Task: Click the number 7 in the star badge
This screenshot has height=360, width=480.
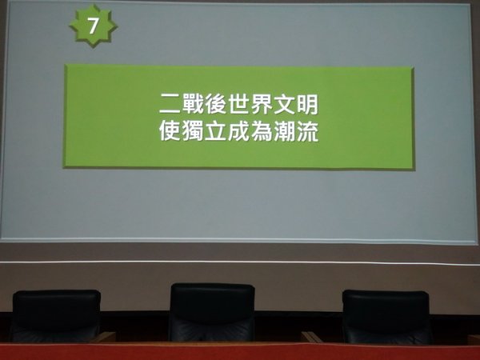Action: (93, 26)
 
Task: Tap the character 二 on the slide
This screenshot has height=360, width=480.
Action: (170, 104)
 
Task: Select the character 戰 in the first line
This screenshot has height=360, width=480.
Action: (193, 104)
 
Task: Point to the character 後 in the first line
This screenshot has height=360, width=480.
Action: (215, 104)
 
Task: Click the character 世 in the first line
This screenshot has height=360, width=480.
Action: (238, 104)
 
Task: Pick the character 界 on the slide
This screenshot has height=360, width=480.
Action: (262, 104)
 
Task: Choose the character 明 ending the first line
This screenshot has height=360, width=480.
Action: (307, 104)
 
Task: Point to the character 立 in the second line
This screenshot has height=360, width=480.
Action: (215, 131)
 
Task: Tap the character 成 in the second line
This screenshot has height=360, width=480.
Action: (238, 131)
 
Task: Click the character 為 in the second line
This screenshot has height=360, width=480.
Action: (262, 131)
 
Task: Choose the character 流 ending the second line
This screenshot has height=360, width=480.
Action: (307, 131)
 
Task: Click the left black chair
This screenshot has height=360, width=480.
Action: (56, 316)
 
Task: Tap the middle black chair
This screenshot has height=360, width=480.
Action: (212, 312)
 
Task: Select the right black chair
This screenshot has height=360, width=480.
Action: (387, 317)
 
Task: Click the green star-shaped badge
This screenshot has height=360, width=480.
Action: (93, 26)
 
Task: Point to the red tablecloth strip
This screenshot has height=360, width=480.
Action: (240, 351)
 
